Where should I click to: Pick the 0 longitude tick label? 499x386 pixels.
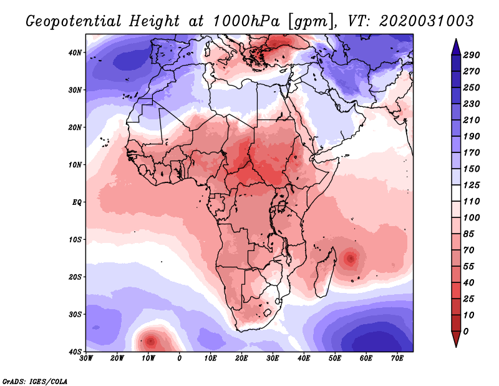tap(180, 359)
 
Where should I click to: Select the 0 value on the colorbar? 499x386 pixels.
tap(467, 330)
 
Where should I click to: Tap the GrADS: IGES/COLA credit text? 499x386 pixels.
tap(34, 380)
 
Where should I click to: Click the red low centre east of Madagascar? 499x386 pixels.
tap(351, 257)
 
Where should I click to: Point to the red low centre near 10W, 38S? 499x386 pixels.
tap(150, 342)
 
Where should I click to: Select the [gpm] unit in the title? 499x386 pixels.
tap(310, 21)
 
